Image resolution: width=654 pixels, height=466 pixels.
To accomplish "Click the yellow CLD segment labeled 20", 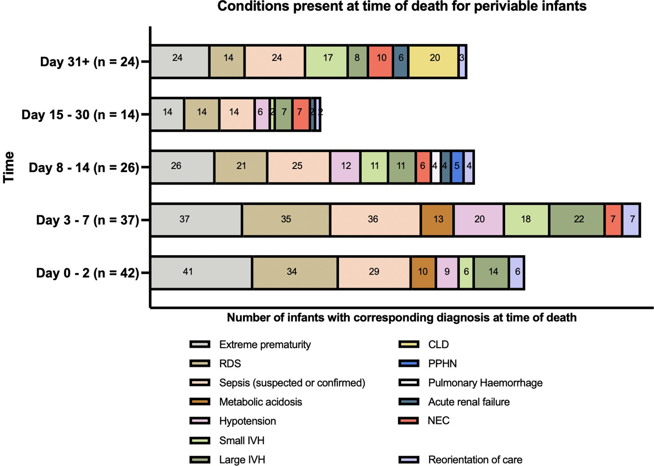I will coord(434,61).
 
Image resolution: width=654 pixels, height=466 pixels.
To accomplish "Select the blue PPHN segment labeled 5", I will coord(457,167).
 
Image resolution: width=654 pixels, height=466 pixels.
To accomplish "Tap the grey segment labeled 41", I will coord(201,272).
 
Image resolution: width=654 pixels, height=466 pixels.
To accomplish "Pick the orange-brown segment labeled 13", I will coord(437,220).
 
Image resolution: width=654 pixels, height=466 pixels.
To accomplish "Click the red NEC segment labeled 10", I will coord(381,61).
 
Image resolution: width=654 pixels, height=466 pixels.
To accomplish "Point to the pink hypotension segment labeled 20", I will coord(479,220).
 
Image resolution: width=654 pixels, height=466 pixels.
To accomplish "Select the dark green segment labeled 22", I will coord(577,220).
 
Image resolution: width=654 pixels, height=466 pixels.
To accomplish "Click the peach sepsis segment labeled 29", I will coord(374,272).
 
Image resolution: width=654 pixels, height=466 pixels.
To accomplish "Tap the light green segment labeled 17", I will coord(327,61).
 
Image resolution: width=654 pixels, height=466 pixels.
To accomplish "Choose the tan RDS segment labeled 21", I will coord(241,167).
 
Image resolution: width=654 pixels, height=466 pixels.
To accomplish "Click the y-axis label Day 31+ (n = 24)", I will coord(90,62).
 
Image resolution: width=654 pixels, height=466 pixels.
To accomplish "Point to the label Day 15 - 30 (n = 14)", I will coord(80,115).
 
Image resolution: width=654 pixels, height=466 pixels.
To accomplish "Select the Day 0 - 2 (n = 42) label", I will coord(87,273).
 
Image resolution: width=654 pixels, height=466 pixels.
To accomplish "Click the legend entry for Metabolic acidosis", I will coord(260,402).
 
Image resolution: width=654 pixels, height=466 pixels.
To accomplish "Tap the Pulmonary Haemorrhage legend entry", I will coord(485,383).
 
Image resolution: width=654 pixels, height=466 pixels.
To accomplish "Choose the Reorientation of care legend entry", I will coord(475,459).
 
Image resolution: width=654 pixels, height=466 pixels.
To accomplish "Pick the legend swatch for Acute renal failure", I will coord(408,402).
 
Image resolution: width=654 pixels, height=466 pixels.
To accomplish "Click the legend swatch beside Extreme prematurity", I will coord(200,344).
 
